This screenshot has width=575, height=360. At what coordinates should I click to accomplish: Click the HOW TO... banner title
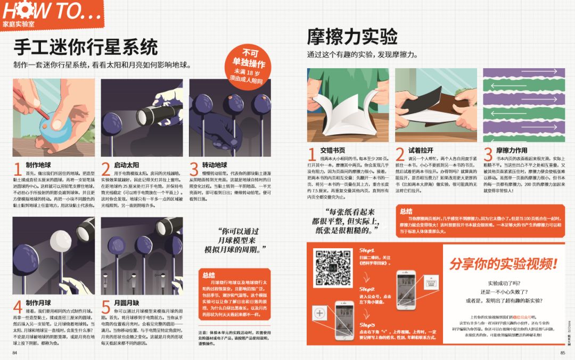coord(51,11)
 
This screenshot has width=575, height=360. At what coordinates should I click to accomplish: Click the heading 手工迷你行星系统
coord(86,47)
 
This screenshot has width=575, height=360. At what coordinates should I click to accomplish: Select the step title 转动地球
coord(214,165)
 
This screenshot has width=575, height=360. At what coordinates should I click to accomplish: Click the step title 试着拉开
coord(421,151)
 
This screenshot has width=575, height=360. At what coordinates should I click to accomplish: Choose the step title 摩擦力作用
coord(512,151)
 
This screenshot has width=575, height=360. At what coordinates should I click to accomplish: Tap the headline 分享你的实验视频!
coord(503,263)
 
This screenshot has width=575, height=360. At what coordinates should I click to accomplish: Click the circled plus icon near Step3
coord(319,313)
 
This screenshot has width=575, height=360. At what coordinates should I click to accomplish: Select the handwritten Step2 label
coord(367,288)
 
